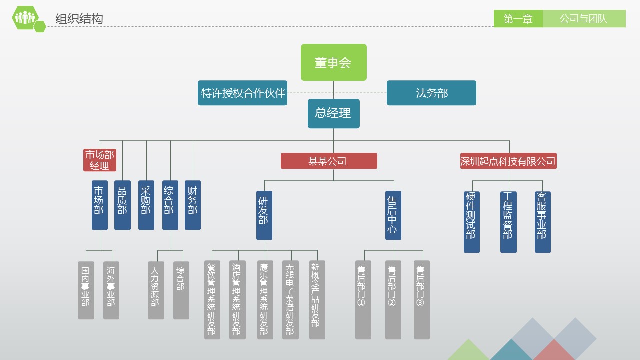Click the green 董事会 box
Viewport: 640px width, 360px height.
(333, 62)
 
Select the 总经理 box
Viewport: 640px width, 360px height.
(333, 113)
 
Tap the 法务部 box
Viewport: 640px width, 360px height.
(431, 93)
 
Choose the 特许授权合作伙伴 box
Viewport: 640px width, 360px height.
(242, 93)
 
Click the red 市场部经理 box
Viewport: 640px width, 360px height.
(99, 160)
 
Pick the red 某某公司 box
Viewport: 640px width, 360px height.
(328, 161)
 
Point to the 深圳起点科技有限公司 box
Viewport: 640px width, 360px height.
(508, 161)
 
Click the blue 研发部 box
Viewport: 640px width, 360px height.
(264, 215)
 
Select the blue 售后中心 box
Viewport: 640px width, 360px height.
(393, 215)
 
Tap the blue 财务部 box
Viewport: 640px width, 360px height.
(192, 205)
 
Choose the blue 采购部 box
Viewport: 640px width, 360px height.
(146, 205)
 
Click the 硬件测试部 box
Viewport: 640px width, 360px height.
(471, 222)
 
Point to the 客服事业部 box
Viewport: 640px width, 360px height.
(542, 222)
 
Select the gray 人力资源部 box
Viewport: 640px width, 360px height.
(156, 290)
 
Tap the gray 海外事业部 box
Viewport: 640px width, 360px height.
(111, 290)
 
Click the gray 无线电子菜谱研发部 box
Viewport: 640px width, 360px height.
(290, 300)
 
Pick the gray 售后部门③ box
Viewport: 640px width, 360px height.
(421, 300)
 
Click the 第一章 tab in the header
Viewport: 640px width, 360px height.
(518, 19)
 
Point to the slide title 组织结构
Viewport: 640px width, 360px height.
(79, 19)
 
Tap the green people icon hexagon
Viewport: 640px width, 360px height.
(25, 18)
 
